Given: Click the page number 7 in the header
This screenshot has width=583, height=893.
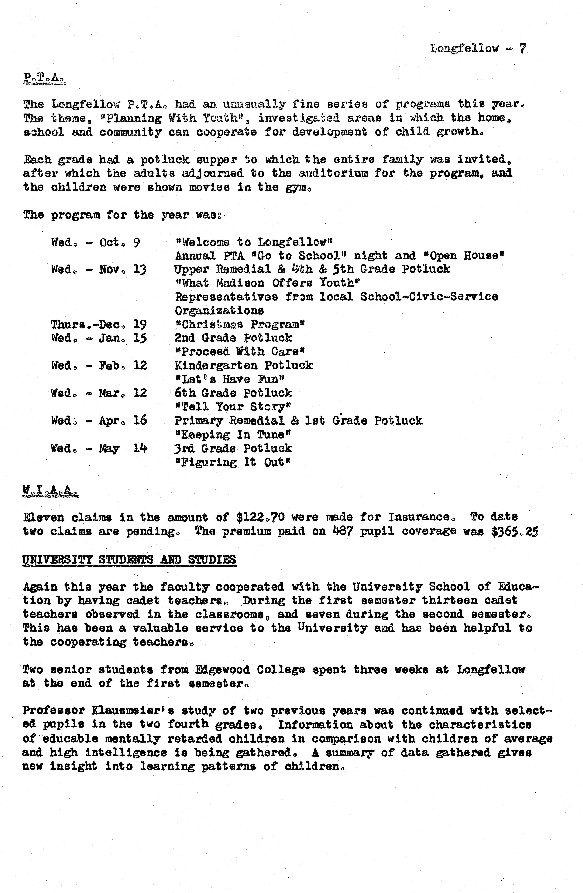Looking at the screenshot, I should point(523,48).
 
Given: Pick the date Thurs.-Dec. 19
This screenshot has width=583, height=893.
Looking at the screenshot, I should point(99,324).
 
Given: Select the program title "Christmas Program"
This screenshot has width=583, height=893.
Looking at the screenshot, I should point(240,324).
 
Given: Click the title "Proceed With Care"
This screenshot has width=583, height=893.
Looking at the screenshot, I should point(240,352).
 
